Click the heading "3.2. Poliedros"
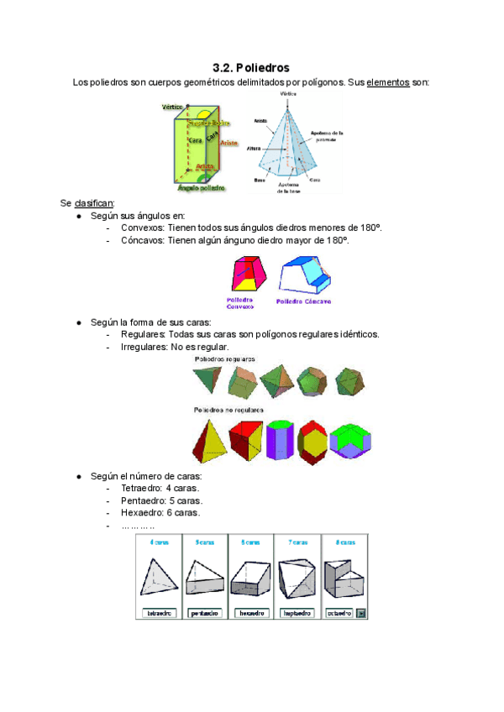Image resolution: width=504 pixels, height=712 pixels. point(251,67)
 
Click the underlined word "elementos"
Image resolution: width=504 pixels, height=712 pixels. point(387,83)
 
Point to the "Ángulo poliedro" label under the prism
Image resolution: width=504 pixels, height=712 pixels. point(201,188)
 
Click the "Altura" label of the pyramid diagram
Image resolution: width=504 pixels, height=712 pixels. point(255,149)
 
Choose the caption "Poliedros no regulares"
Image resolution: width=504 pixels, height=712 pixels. point(228,410)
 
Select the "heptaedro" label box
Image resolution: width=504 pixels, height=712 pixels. point(298,613)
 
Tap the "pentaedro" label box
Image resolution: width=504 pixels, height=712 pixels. point(205,613)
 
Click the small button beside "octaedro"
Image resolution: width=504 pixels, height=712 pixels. point(362,613)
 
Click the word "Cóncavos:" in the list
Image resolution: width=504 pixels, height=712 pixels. point(143,240)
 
